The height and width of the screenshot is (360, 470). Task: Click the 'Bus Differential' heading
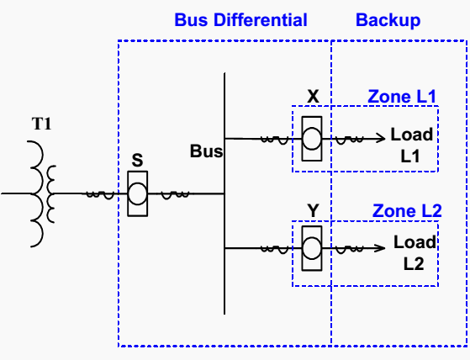[240, 20]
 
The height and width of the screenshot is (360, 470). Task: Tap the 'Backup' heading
[388, 20]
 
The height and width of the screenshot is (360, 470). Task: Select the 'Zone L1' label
[402, 97]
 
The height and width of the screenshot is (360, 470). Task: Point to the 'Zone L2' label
[407, 211]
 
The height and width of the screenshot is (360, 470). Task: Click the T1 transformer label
[42, 124]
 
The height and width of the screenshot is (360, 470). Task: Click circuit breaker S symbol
[138, 193]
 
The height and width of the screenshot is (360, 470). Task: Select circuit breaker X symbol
[312, 139]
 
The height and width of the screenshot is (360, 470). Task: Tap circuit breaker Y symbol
[312, 248]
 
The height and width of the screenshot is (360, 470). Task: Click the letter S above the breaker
[137, 160]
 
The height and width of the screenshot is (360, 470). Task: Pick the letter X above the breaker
[314, 96]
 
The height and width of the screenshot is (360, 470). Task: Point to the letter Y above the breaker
[313, 210]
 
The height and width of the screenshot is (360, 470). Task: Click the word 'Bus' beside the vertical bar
[207, 151]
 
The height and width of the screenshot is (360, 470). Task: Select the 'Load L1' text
[412, 145]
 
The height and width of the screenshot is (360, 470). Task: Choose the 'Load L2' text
[415, 253]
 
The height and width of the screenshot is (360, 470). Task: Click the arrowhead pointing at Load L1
[381, 138]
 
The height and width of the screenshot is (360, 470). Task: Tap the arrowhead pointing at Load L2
[381, 248]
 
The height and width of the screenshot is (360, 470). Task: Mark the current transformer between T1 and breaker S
[100, 195]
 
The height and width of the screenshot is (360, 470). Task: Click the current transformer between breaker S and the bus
[176, 195]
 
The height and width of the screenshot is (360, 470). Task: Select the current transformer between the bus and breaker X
[275, 140]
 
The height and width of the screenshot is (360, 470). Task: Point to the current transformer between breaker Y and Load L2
[350, 249]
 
